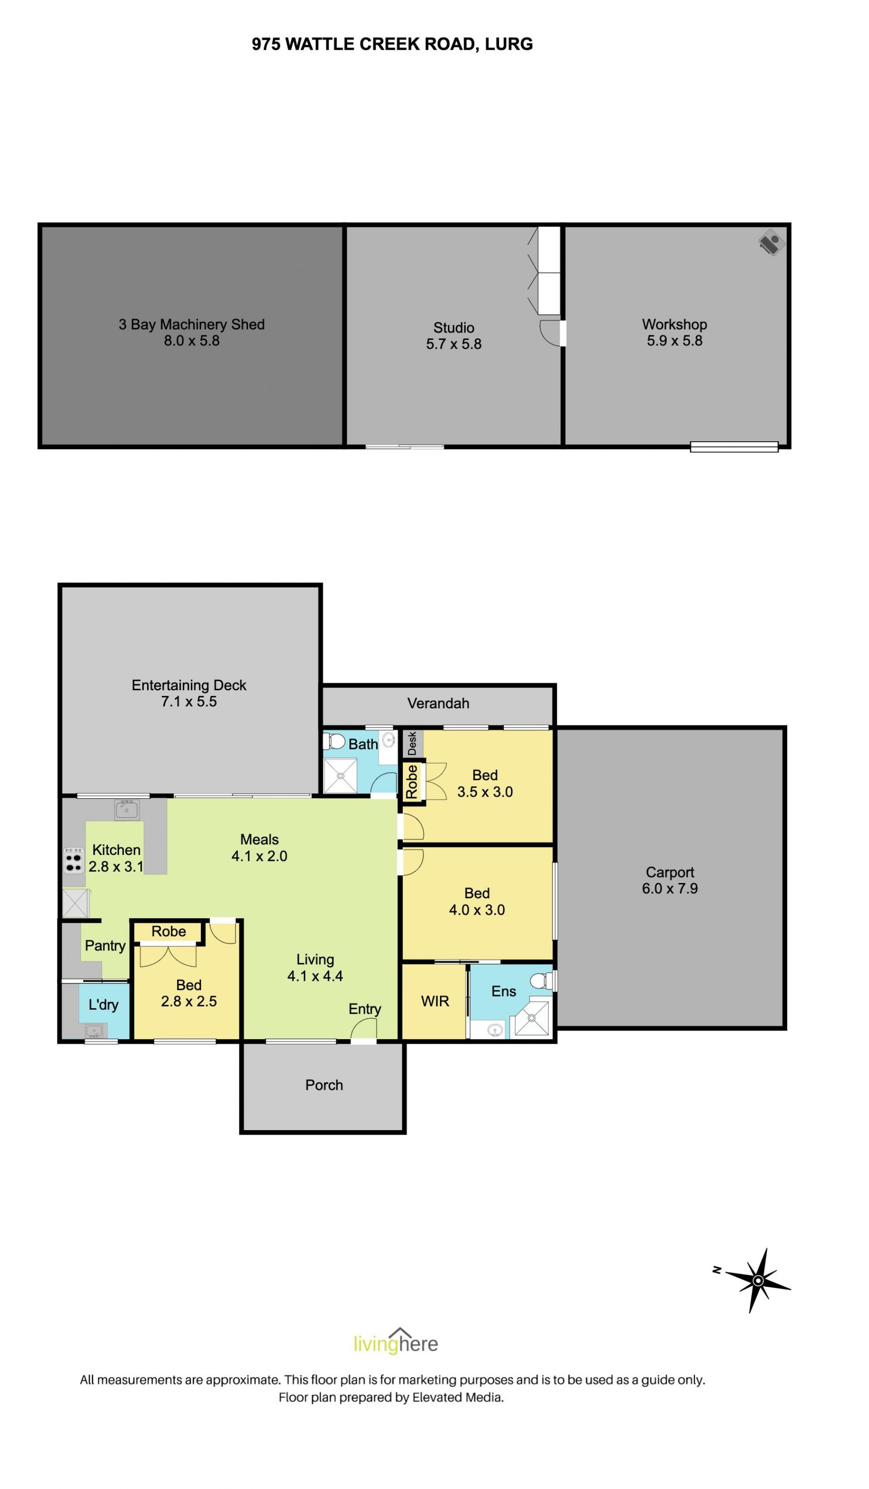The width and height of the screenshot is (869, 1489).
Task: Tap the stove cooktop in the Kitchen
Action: point(74,860)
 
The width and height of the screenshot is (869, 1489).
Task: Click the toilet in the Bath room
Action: point(334,741)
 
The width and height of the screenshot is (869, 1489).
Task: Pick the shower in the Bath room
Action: point(340,776)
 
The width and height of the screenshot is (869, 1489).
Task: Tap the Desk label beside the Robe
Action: point(412,743)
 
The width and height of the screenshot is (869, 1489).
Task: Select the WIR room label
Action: point(435,1001)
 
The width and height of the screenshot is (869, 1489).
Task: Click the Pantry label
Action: point(105,946)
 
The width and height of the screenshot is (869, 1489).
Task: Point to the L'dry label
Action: point(103,1004)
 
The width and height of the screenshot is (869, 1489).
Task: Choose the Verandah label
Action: point(438,704)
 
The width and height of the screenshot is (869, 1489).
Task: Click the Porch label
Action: point(324,1085)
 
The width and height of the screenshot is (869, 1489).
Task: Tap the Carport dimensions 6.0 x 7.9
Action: point(670,889)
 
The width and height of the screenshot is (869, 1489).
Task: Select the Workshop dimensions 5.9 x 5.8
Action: point(675,341)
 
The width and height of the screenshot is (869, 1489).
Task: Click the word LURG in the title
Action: point(509,44)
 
